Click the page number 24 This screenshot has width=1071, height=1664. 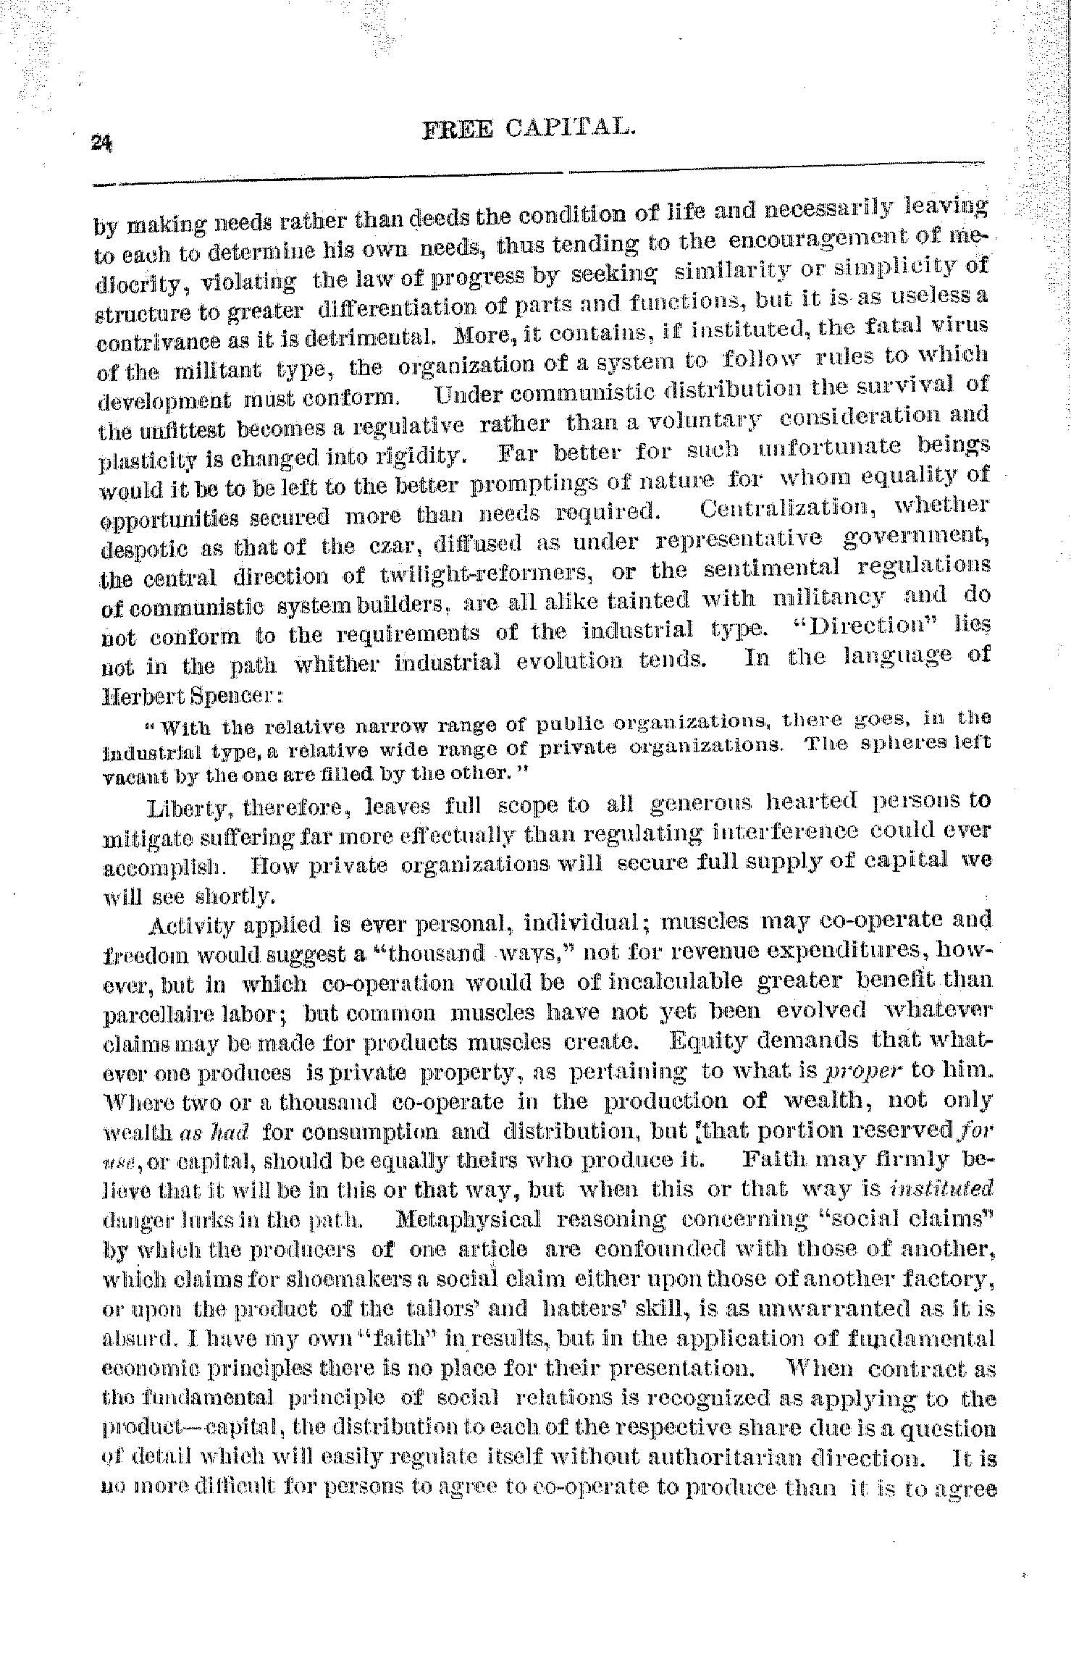click(101, 142)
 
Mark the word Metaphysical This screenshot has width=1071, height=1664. click(469, 1219)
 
